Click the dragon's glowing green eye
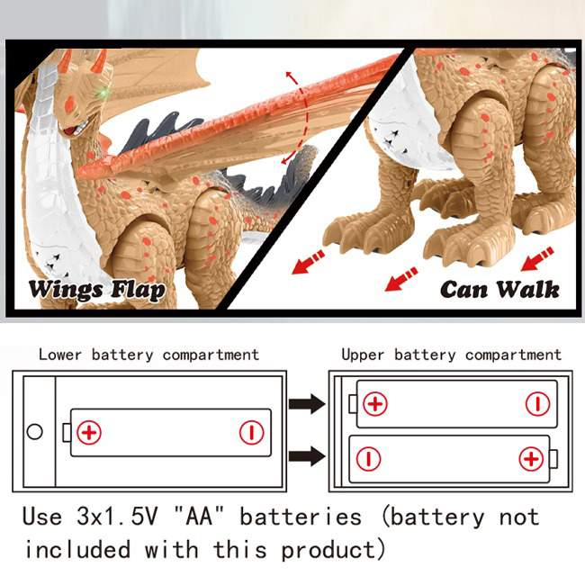[x=103, y=92]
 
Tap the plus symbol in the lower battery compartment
[x=89, y=432]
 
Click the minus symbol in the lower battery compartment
[x=251, y=432]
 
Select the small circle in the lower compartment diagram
[x=35, y=432]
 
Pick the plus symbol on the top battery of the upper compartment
[x=375, y=404]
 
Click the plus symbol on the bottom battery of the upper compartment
[x=531, y=458]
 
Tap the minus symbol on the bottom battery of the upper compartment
[x=369, y=458]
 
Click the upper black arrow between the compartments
[x=307, y=404]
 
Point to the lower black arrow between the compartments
[x=307, y=455]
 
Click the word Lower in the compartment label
[x=60, y=355]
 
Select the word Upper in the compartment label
[x=363, y=355]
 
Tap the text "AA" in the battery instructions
[x=199, y=517]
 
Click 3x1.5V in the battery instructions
[x=117, y=517]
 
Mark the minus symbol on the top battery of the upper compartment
[x=537, y=404]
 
